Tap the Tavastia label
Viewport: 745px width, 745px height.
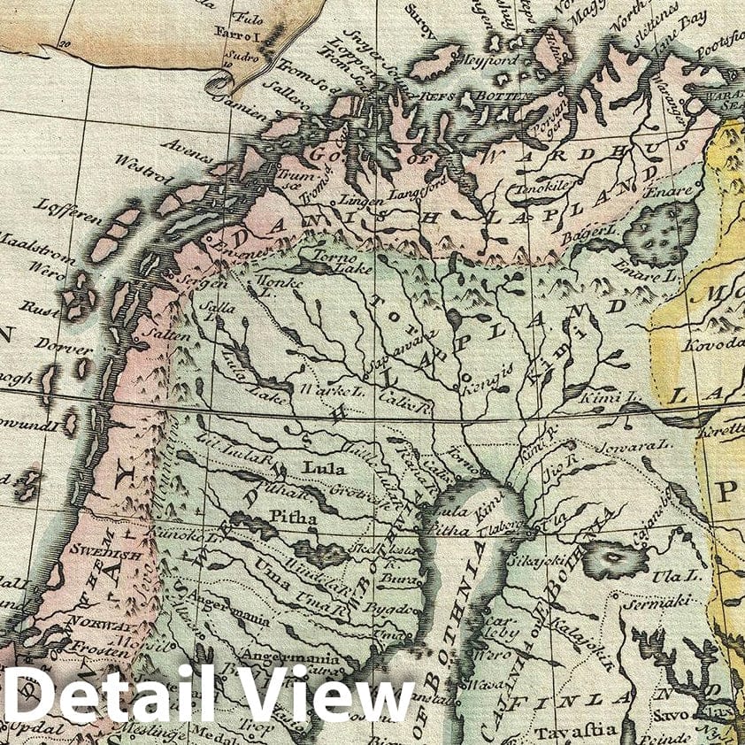click(x=565, y=731)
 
